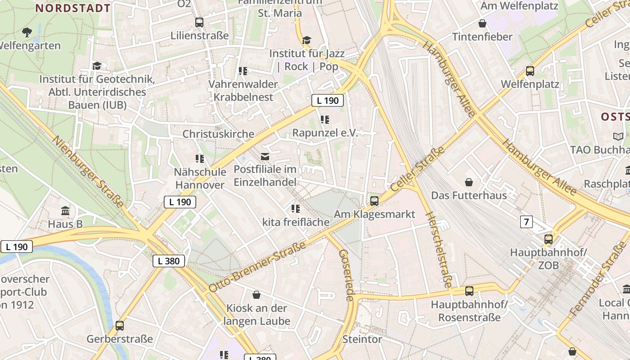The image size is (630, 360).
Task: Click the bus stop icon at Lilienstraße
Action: pyautogui.click(x=199, y=22)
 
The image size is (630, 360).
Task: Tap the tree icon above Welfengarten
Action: pyautogui.click(x=27, y=32)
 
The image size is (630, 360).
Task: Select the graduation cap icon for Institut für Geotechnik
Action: pyautogui.click(x=97, y=66)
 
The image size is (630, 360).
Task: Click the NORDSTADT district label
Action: pyautogui.click(x=73, y=8)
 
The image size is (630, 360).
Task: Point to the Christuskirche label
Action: pyautogui.click(x=218, y=134)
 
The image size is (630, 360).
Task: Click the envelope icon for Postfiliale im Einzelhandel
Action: pyautogui.click(x=265, y=156)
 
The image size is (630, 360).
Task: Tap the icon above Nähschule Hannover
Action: pyautogui.click(x=200, y=158)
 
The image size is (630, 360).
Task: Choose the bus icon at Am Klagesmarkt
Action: pyautogui.click(x=374, y=201)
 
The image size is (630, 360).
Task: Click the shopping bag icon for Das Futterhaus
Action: pyautogui.click(x=469, y=182)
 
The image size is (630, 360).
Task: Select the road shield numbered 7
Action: pyautogui.click(x=526, y=221)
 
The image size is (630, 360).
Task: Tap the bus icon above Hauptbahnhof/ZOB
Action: pyautogui.click(x=549, y=239)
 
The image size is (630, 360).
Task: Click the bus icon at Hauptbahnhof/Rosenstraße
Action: pyautogui.click(x=469, y=291)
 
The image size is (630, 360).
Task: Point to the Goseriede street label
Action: pyautogui.click(x=346, y=275)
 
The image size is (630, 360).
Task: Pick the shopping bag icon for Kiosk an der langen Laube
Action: pyautogui.click(x=256, y=295)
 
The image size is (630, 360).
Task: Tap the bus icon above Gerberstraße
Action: pyautogui.click(x=120, y=325)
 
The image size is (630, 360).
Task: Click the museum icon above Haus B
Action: pyautogui.click(x=65, y=211)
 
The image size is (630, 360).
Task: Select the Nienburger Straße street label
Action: pyautogui.click(x=88, y=171)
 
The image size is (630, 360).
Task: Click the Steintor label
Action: pyautogui.click(x=362, y=339)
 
